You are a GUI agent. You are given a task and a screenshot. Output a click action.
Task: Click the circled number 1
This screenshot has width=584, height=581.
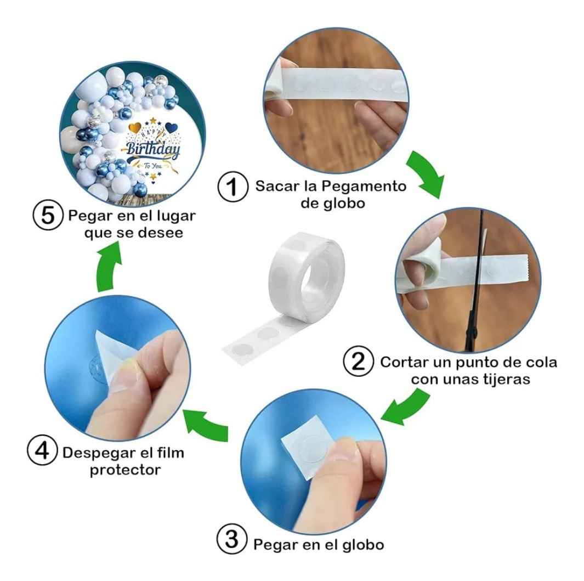[233, 187]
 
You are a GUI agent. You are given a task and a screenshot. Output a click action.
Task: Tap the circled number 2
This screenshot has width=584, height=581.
[358, 362]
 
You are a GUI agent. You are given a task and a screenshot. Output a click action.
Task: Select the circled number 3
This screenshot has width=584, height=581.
[231, 539]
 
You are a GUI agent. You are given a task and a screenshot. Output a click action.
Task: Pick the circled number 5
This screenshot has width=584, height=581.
[48, 215]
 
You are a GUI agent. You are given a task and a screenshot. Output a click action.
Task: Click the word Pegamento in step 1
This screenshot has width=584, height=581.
[364, 186]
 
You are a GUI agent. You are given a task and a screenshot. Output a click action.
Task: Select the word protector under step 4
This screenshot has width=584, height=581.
[125, 470]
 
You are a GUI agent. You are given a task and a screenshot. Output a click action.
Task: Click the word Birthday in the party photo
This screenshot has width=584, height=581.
[152, 149]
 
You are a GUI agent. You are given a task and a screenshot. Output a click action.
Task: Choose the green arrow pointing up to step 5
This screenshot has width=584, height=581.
[109, 266]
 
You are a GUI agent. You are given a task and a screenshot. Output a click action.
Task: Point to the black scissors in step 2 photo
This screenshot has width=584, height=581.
[477, 283]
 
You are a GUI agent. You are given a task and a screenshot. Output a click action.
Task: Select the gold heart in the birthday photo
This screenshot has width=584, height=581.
[134, 128]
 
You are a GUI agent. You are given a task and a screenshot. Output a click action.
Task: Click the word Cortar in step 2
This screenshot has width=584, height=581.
[402, 362]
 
